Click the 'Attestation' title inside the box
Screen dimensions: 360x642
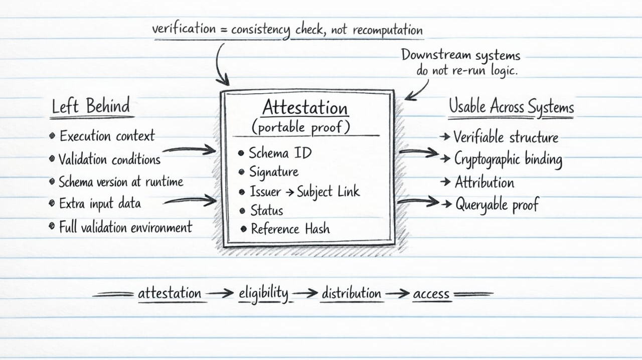304,108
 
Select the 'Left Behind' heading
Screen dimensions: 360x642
91,106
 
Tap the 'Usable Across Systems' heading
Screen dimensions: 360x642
511,107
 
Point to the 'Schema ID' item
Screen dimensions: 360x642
280,153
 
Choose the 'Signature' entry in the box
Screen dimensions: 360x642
274,172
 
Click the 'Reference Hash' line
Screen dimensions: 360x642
290,229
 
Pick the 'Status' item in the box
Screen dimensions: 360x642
266,211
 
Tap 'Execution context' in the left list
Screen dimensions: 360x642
107,136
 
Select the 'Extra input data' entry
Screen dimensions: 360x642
100,204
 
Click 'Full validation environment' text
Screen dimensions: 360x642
125,227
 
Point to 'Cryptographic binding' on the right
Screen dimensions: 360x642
508,159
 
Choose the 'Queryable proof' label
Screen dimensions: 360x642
496,205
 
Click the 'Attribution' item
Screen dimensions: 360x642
484,182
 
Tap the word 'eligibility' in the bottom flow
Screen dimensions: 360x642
263,293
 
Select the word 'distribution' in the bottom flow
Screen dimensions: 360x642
351,293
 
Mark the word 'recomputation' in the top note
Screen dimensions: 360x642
388,30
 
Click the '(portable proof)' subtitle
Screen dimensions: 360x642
300,127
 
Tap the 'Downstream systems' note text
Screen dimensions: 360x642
460,55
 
